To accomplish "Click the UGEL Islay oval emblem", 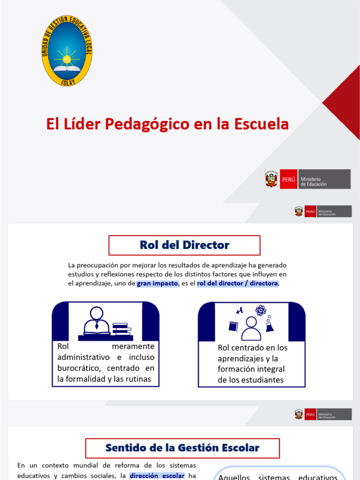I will (67, 50).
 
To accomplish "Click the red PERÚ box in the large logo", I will (288, 180).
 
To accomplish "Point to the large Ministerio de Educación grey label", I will (324, 180).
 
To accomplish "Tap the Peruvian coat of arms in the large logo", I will (271, 180).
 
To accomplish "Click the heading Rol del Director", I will (184, 245).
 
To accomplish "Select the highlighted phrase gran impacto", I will (157, 284).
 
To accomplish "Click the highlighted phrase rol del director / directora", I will (238, 284).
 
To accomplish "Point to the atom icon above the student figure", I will (260, 310).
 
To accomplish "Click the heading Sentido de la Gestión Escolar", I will (182, 448).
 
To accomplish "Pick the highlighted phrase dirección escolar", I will (157, 475).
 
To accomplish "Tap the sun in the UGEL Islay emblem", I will (67, 59).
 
